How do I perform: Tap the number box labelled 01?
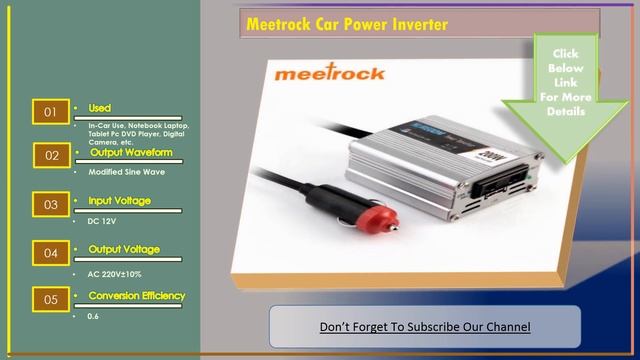point(50,112)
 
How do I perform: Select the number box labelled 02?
point(50,157)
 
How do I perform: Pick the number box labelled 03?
point(50,205)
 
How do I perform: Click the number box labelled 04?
point(50,254)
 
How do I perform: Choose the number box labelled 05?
point(50,299)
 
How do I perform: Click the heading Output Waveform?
point(131,153)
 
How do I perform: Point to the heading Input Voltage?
point(119,201)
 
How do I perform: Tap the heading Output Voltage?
point(123,249)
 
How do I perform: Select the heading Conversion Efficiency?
point(136,296)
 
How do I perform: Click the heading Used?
point(99,108)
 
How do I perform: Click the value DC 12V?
point(102,220)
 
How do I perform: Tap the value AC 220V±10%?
point(115,273)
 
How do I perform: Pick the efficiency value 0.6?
point(93,316)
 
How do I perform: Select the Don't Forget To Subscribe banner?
point(424,327)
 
